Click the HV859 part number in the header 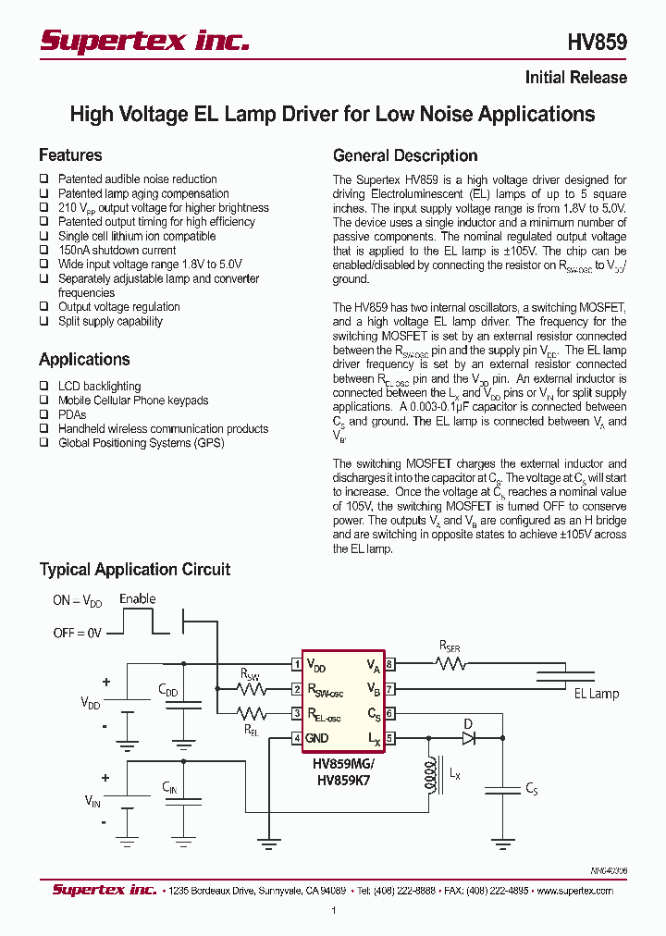[597, 43]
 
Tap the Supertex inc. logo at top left [144, 41]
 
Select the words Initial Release [575, 78]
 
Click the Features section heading [70, 155]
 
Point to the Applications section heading [84, 360]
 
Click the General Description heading [405, 155]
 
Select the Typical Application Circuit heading [135, 570]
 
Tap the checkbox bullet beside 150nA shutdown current [43, 251]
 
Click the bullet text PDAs [71, 414]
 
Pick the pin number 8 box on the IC [390, 664]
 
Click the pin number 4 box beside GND [296, 738]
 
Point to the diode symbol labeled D [468, 737]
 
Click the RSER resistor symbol [450, 663]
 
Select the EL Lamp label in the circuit [597, 694]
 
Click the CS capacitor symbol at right [503, 789]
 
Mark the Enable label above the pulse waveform [138, 599]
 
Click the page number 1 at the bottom [333, 911]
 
